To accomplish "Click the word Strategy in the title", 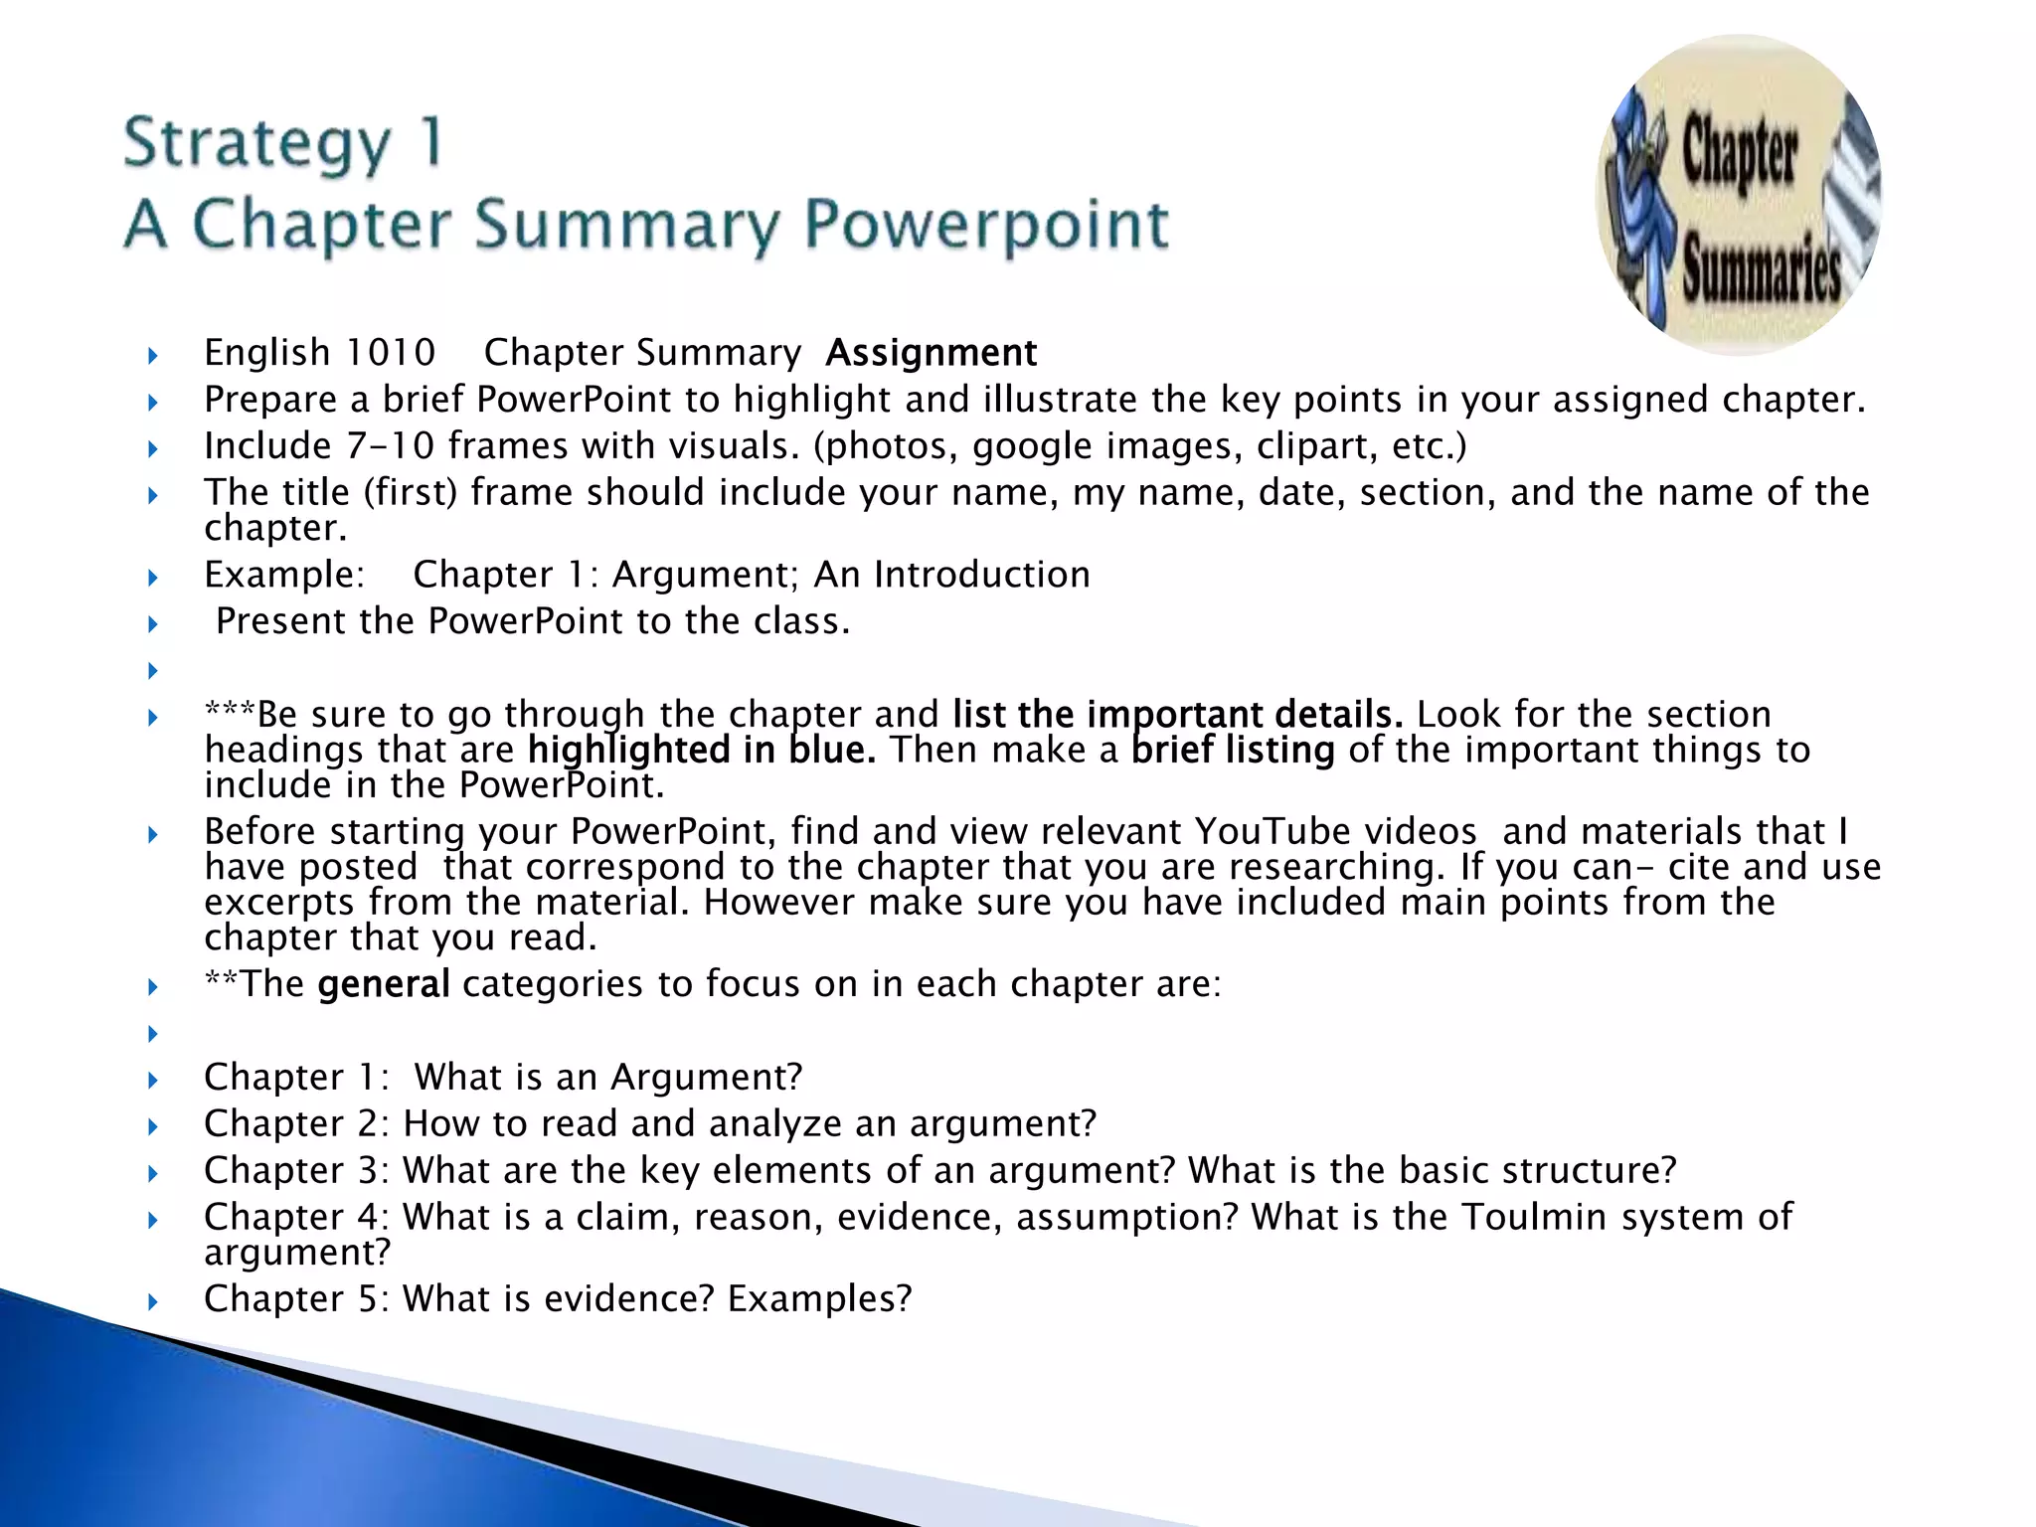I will point(257,144).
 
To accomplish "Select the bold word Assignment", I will point(931,353).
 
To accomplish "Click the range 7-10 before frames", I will point(391,446).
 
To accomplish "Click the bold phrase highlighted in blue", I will point(702,750).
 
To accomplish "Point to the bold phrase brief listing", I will point(1233,750).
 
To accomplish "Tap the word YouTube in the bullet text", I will point(1335,831).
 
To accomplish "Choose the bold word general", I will point(384,984).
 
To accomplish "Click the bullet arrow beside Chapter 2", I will point(153,1126).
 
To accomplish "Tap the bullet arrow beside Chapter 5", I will point(153,1301).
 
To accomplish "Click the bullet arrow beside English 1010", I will point(153,355).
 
